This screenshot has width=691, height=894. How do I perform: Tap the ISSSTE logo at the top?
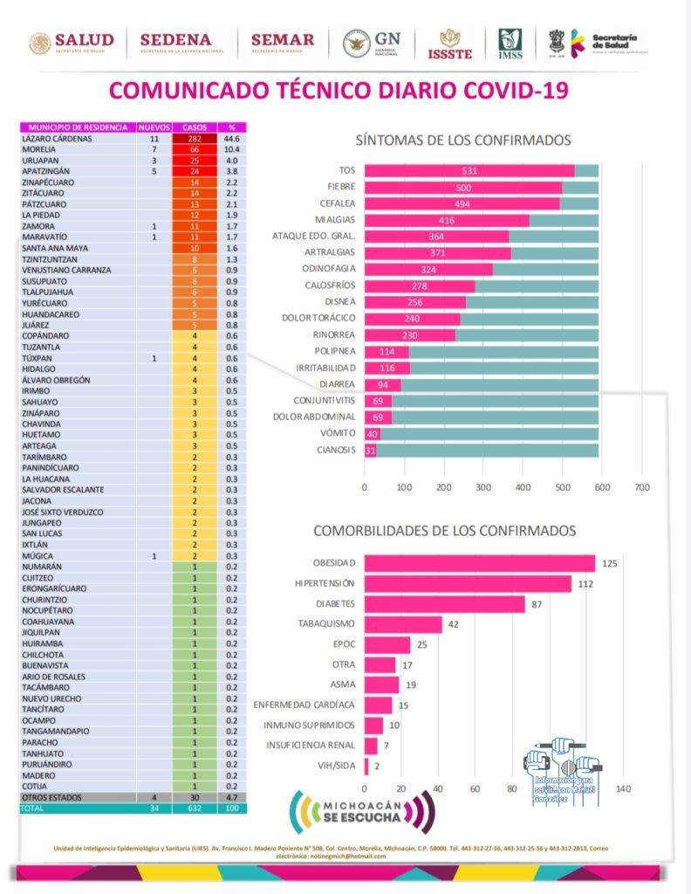coord(450,44)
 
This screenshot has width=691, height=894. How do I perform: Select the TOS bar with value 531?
coord(469,170)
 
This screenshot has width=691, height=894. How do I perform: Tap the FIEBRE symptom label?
coord(340,187)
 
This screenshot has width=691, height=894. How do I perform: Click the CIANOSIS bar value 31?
coord(371,450)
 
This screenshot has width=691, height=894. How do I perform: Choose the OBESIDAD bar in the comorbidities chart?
coord(479,563)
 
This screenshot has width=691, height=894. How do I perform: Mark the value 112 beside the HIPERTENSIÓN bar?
coord(585,583)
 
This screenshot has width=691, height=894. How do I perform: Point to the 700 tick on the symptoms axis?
coord(642,487)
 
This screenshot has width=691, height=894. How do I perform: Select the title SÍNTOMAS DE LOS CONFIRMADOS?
coord(463,140)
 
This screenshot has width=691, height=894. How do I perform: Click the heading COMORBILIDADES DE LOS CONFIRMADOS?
coord(444,530)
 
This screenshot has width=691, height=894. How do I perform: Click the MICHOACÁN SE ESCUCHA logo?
coord(361,812)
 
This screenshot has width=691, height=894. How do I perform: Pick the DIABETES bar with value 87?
coord(444,604)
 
